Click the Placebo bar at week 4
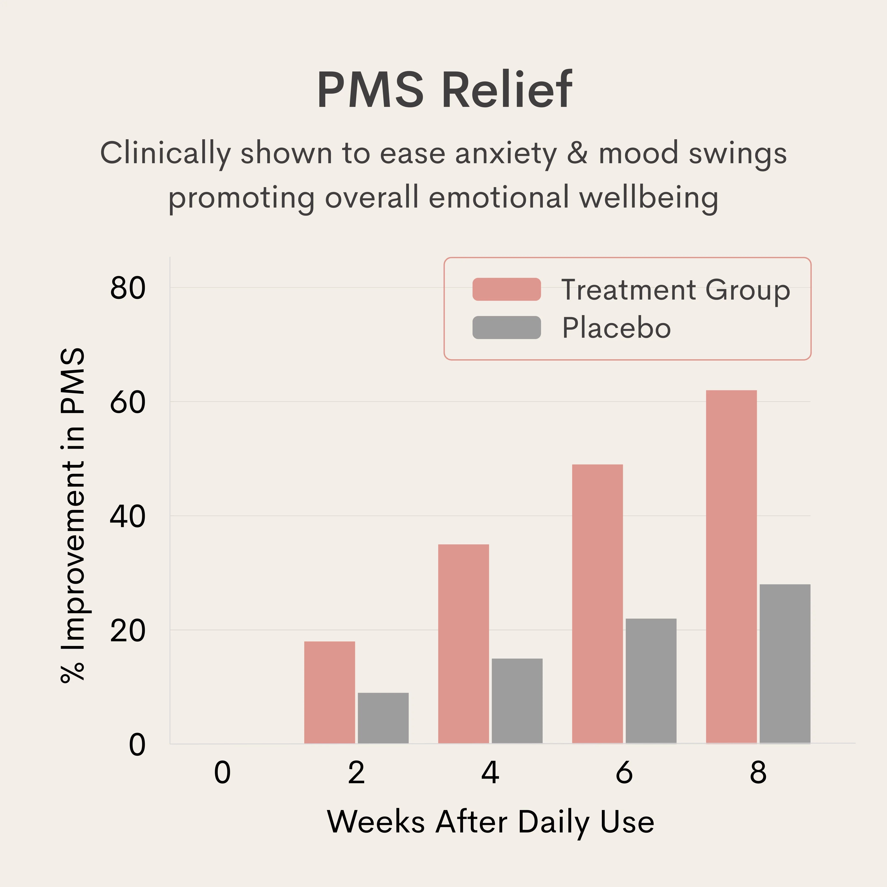(x=517, y=701)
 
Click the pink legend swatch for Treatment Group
(x=506, y=289)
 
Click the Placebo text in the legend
(x=616, y=328)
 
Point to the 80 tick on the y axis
(x=128, y=288)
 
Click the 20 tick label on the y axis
(x=128, y=631)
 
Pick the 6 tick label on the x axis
(x=624, y=773)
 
